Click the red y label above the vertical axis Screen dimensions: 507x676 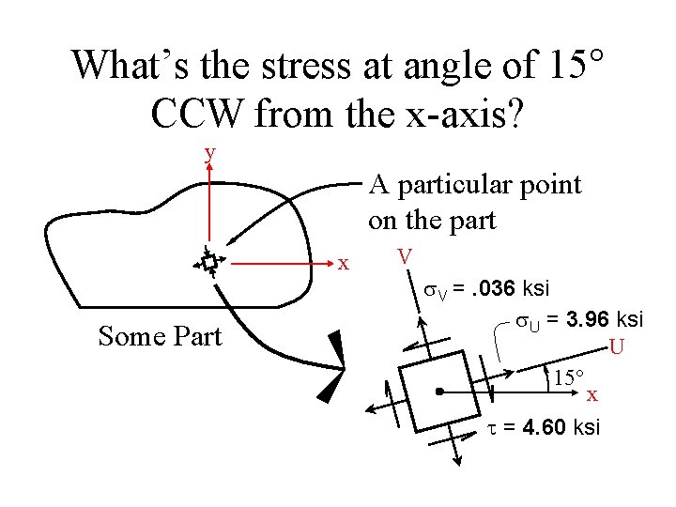pos(210,152)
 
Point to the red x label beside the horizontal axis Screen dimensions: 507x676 pos(345,263)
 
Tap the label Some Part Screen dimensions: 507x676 pos(160,335)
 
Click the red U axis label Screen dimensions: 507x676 pos(617,347)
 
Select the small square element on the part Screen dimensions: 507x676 pos(209,261)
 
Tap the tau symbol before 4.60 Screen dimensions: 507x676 pos(493,428)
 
